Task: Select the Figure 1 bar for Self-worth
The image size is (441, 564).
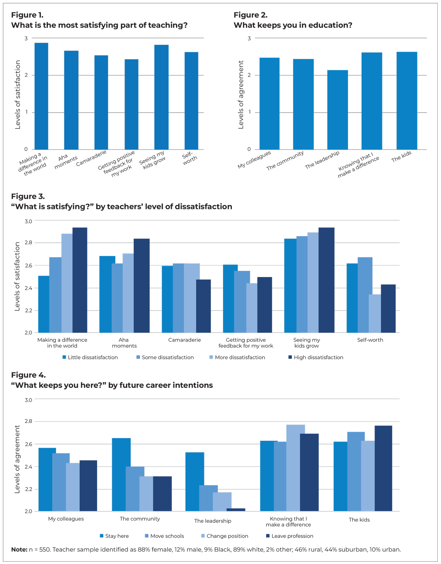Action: tap(191, 101)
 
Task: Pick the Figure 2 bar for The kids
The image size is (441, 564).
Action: tap(407, 101)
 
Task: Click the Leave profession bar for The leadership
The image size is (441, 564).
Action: tap(236, 510)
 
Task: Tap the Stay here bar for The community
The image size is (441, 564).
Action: tap(121, 475)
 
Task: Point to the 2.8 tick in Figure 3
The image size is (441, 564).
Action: tap(28, 243)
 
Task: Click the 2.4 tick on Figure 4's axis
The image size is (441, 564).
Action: tap(28, 467)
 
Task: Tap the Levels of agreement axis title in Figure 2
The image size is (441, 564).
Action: tap(241, 95)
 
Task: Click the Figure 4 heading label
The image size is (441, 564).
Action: tap(28, 375)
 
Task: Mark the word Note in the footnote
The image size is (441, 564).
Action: tap(19, 550)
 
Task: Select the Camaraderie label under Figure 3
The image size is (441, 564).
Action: tap(184, 340)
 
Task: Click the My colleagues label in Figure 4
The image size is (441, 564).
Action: tap(66, 519)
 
